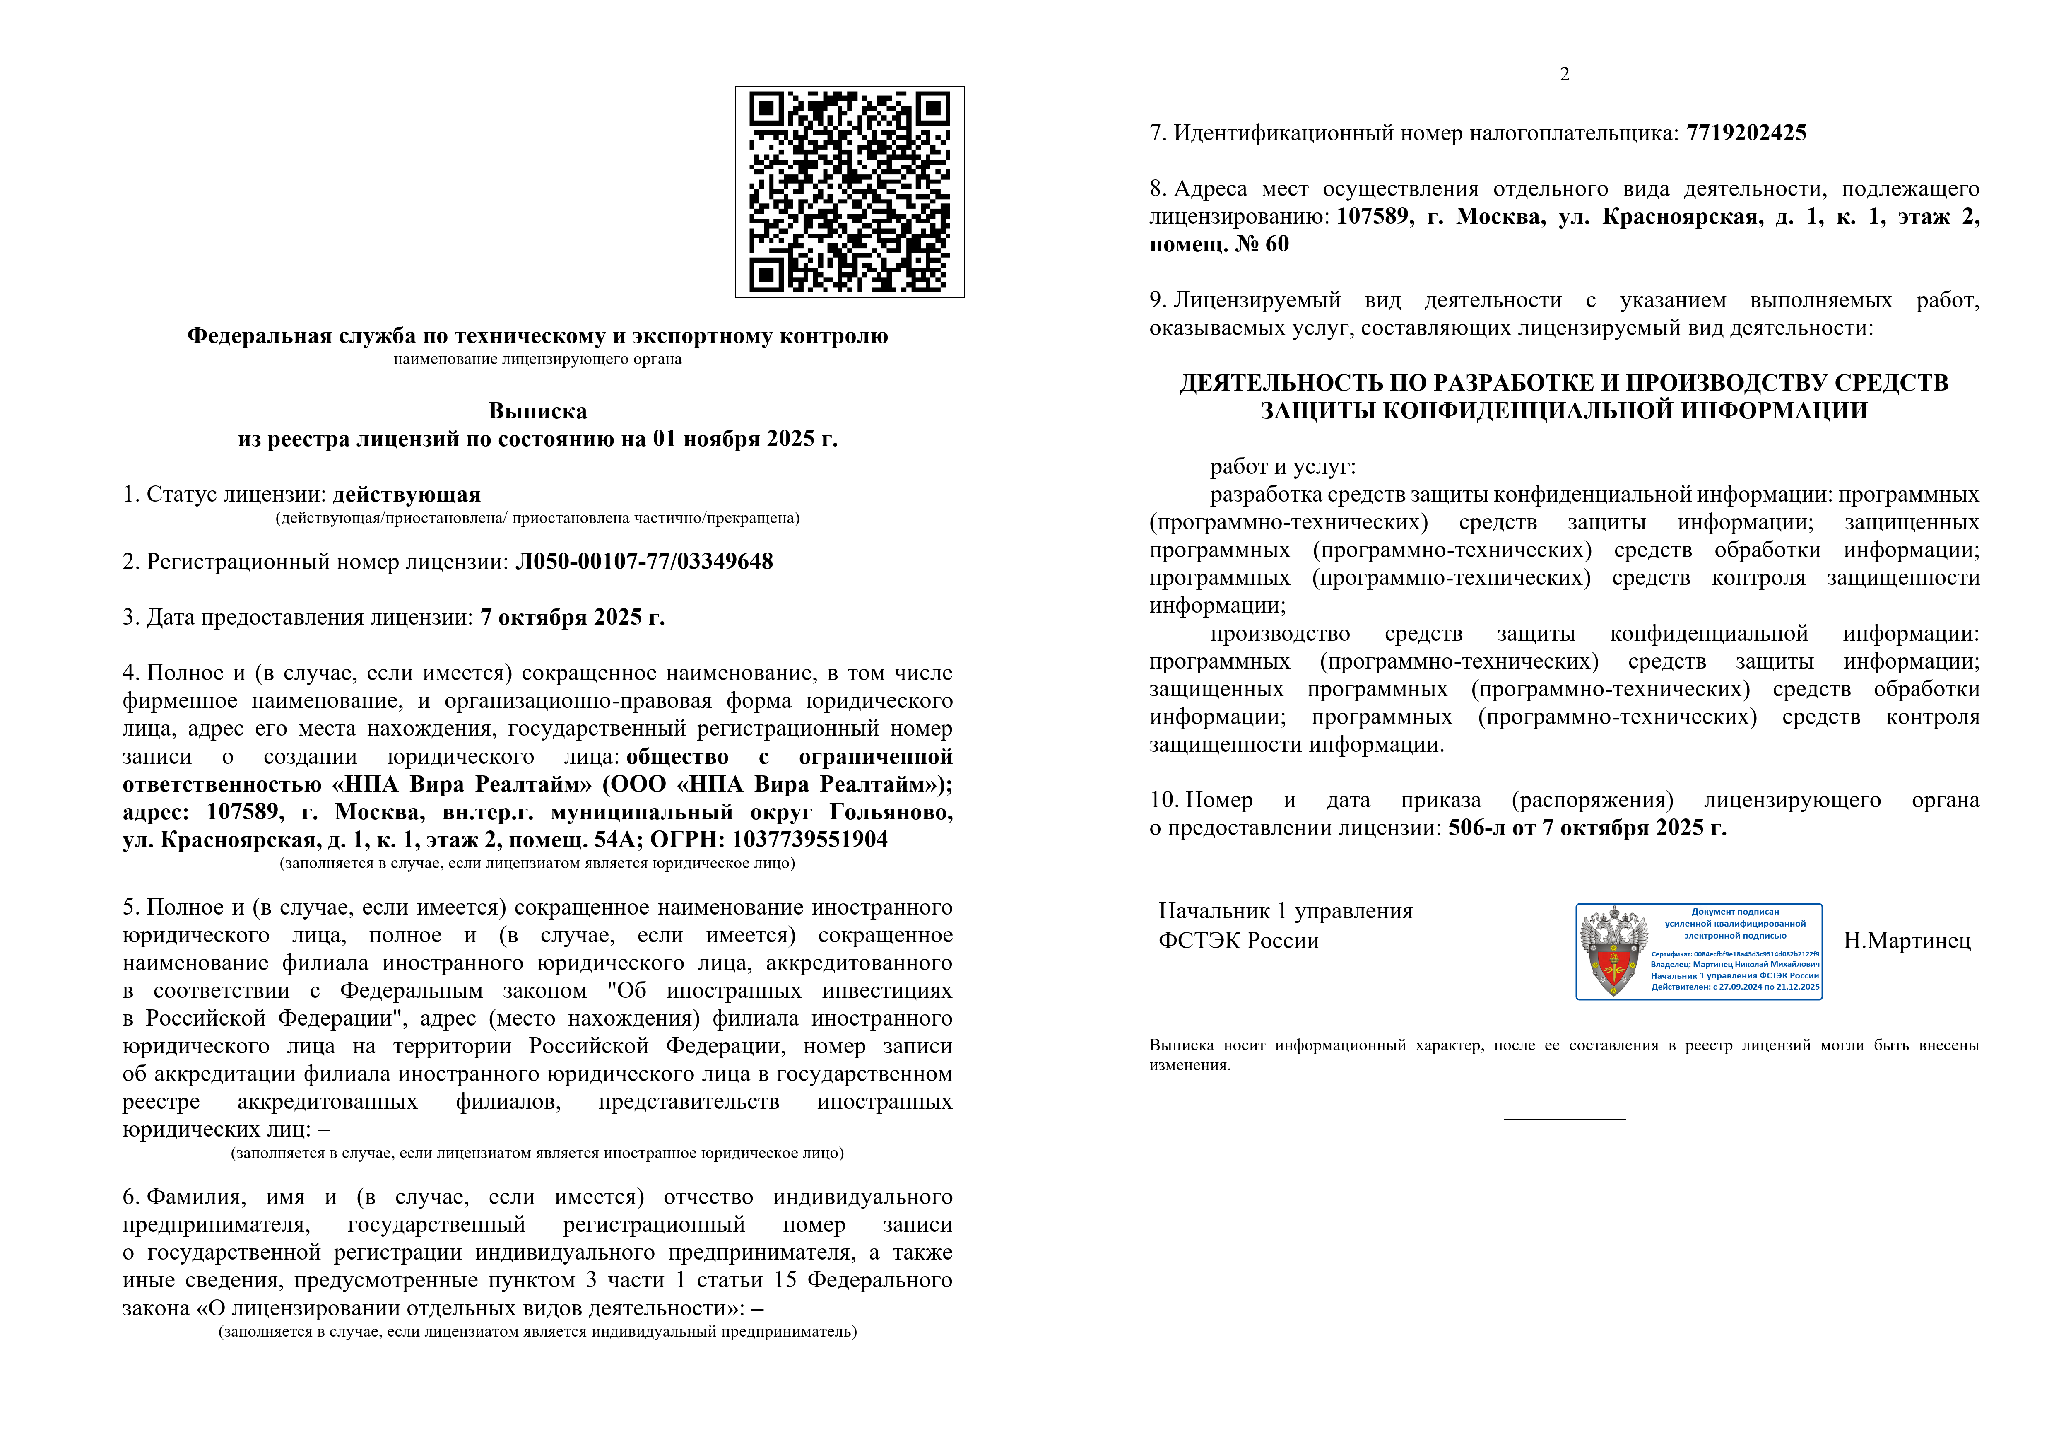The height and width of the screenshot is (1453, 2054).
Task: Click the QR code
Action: tap(849, 191)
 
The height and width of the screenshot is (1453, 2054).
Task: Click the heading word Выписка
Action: tap(538, 412)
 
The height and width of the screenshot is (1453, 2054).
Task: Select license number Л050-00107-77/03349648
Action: tap(644, 562)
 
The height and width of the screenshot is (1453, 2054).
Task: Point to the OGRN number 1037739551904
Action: tap(809, 840)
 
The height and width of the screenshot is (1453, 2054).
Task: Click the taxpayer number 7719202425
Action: tap(1746, 133)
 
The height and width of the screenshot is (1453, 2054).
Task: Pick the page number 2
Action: tap(1564, 74)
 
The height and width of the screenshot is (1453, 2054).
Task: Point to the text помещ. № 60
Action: tap(1218, 244)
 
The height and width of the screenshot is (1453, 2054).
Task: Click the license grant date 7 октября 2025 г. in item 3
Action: tap(573, 617)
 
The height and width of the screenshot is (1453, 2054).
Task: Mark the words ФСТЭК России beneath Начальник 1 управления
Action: tap(1238, 940)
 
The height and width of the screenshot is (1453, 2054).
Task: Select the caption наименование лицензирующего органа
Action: tap(538, 360)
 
